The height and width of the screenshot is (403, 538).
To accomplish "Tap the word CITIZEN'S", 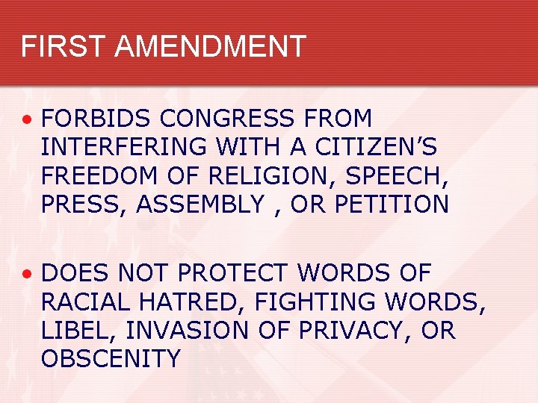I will (x=376, y=147).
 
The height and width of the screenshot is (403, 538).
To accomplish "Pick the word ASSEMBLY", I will (x=200, y=204).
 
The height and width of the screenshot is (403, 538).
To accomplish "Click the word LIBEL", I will (x=75, y=331).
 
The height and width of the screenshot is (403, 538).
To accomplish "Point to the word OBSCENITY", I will (x=111, y=359).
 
